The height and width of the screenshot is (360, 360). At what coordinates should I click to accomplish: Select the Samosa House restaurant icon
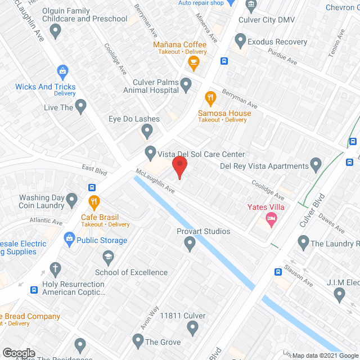click(210, 99)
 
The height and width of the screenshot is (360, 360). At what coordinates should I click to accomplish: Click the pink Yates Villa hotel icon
click(272, 218)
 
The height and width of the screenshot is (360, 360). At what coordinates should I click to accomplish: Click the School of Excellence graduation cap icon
click(107, 258)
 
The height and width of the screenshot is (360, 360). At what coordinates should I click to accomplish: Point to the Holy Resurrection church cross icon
click(55, 269)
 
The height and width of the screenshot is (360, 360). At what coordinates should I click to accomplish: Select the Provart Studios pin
click(190, 244)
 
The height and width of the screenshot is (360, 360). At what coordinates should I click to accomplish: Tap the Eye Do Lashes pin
click(147, 132)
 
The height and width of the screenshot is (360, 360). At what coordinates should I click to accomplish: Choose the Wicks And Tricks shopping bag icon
click(62, 71)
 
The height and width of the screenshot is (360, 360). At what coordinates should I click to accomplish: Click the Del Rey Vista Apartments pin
click(316, 166)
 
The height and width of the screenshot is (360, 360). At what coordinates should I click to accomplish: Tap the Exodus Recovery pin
click(241, 41)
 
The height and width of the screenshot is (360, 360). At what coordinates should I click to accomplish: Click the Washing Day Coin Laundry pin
click(71, 199)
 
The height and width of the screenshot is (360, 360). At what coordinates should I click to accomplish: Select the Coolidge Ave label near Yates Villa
click(268, 189)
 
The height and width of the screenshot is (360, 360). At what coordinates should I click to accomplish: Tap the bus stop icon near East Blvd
click(92, 187)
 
